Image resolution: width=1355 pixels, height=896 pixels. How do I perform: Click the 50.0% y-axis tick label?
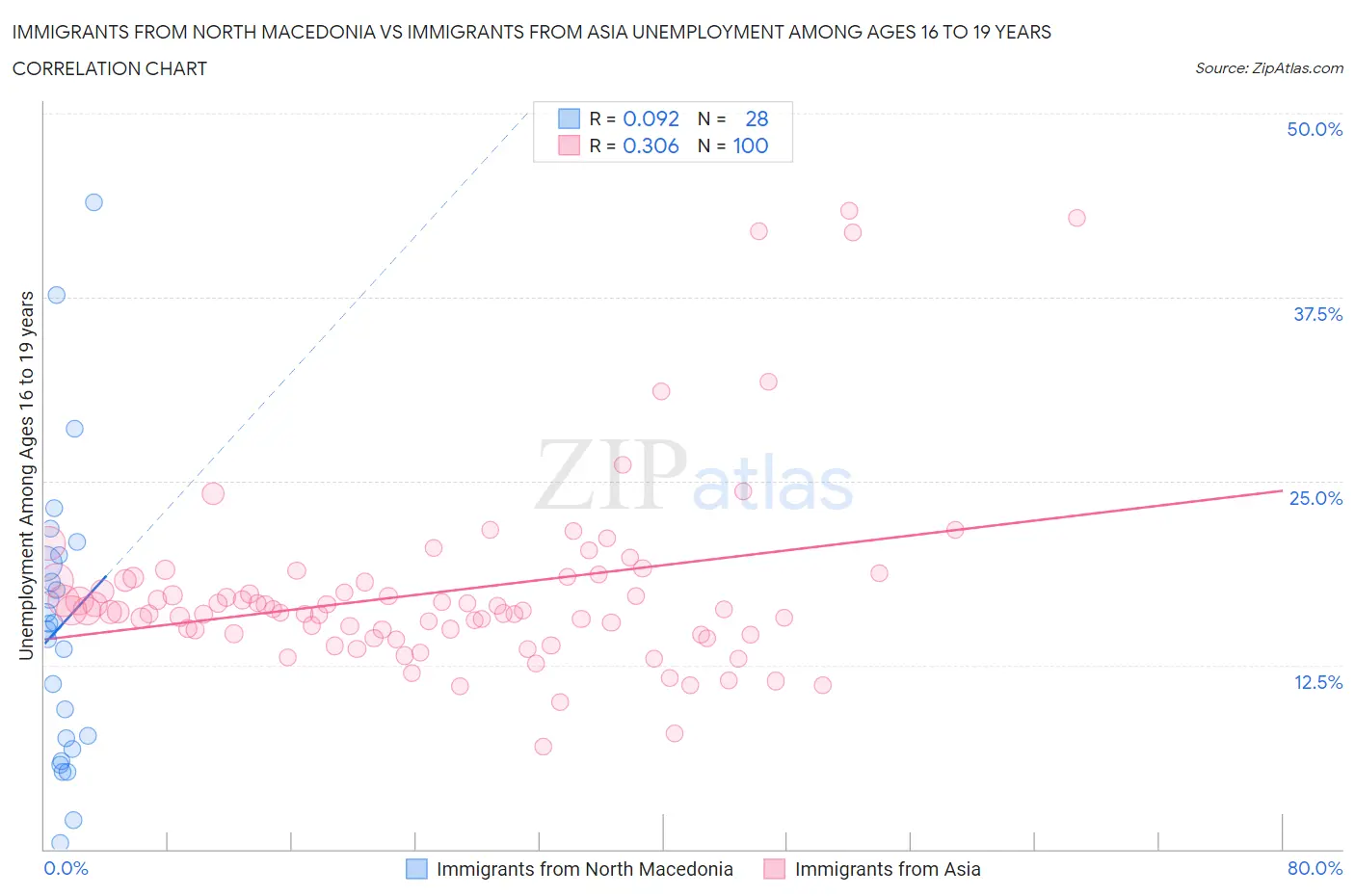coord(1314,129)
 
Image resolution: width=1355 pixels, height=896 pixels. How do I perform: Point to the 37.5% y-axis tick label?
coord(1316,314)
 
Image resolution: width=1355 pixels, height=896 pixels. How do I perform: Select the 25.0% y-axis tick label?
coord(1315,498)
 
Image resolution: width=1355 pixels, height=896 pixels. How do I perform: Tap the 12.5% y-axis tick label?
coord(1316,682)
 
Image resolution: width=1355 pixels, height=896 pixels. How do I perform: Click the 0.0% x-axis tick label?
coord(66,868)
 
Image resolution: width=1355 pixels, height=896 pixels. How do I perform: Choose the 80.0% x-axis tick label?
coord(1314,868)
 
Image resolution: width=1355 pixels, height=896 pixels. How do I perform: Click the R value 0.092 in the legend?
coord(651,119)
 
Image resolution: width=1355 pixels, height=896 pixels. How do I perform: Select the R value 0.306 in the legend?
coord(651,145)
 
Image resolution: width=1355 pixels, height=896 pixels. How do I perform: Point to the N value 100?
coord(750,145)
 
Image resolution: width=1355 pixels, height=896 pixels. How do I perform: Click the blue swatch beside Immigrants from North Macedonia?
coord(416,869)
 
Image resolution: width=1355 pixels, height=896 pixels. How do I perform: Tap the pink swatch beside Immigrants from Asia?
coord(774,869)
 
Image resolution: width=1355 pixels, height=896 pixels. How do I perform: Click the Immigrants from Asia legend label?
coord(887,869)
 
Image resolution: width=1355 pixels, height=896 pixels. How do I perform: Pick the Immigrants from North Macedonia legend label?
coord(584,869)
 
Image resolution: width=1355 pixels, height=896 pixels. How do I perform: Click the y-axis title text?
coord(26,475)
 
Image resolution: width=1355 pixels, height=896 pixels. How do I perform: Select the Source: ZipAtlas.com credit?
coord(1268,68)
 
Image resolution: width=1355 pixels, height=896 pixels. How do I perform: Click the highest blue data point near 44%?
coord(93,202)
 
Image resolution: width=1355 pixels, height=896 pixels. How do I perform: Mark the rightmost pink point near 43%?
coord(1076,218)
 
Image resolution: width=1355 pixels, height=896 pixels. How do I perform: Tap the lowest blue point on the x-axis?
coord(60,843)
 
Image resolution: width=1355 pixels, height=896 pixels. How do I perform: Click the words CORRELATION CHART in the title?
coord(110,68)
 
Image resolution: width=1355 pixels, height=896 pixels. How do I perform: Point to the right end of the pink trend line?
coord(1281,490)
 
